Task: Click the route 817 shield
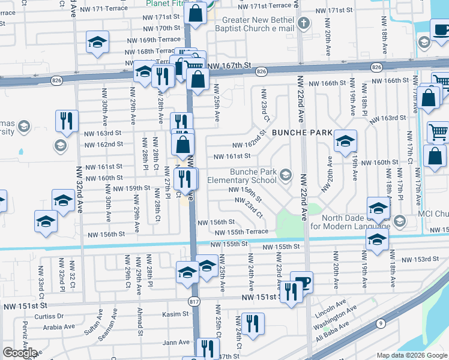[193, 299]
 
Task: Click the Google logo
[20, 353]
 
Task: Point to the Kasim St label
[176, 314]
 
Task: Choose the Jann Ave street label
[176, 343]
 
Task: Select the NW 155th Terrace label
[241, 232]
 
